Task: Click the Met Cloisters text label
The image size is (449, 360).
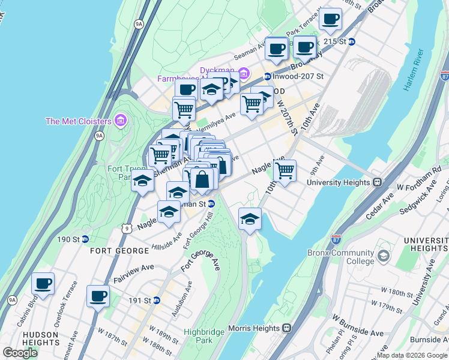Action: click(79, 121)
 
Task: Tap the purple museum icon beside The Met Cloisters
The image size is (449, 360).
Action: click(121, 121)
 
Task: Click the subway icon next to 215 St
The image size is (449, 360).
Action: click(352, 41)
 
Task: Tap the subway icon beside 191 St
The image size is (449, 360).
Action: click(157, 300)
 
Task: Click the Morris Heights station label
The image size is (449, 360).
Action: click(254, 328)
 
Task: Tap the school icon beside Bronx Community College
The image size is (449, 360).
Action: click(384, 257)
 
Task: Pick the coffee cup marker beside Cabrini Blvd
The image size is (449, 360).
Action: click(43, 283)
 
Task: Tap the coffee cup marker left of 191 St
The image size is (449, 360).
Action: click(98, 295)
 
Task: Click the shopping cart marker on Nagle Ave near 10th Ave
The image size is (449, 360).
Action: click(285, 170)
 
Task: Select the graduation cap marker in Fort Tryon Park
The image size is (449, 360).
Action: click(142, 180)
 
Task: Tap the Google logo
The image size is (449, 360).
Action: click(20, 353)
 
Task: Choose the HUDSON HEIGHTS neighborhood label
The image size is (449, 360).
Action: click(38, 336)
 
